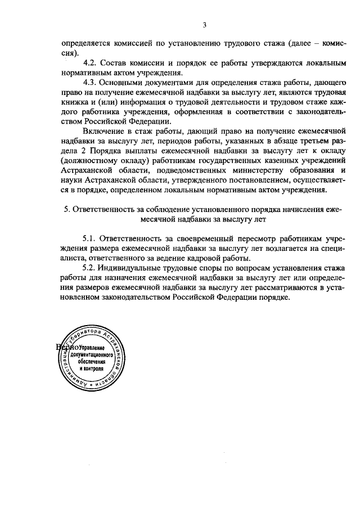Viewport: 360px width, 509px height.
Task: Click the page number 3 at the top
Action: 205,24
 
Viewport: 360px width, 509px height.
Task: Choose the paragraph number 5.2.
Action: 91,268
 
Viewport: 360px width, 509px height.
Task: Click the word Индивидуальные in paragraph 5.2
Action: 132,268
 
